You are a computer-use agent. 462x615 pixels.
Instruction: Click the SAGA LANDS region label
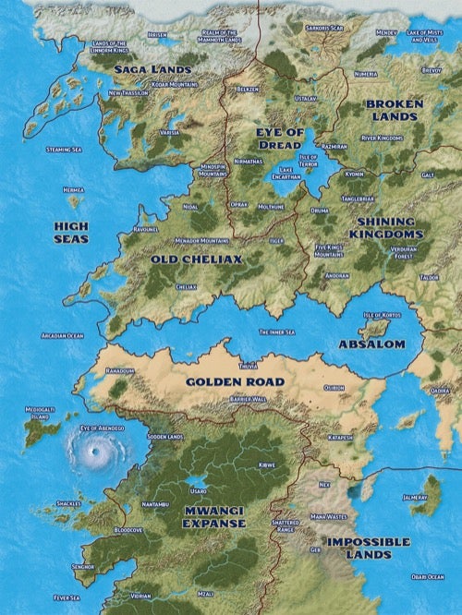(152, 69)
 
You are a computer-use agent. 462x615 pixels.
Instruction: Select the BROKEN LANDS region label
(395, 111)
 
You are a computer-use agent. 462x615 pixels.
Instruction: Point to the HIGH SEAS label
(70, 231)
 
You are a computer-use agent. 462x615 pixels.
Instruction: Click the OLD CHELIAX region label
(196, 260)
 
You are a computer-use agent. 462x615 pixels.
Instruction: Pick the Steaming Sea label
(64, 149)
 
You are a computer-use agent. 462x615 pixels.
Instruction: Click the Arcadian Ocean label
(63, 336)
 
